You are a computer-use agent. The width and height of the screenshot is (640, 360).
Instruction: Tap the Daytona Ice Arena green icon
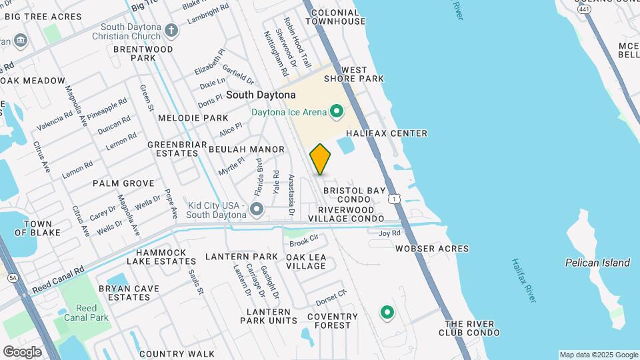point(337,111)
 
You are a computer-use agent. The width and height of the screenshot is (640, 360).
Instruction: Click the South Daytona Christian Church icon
point(171,30)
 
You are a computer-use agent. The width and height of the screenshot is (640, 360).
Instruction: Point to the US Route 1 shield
point(395,199)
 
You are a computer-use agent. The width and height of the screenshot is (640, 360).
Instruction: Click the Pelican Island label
point(597,263)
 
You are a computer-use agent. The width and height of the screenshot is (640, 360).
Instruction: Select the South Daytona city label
point(260,95)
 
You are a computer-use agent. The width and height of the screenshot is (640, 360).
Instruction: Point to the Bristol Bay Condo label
point(354,195)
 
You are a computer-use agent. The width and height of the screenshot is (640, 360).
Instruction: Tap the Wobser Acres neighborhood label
point(431,249)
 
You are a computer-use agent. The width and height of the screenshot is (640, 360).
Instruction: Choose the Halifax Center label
point(386,133)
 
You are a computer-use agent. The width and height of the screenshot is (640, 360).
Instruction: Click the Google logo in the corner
point(22,351)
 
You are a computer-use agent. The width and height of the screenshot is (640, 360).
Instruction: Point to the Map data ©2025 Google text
point(598,355)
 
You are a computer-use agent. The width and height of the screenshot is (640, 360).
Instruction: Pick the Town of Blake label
point(37,228)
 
